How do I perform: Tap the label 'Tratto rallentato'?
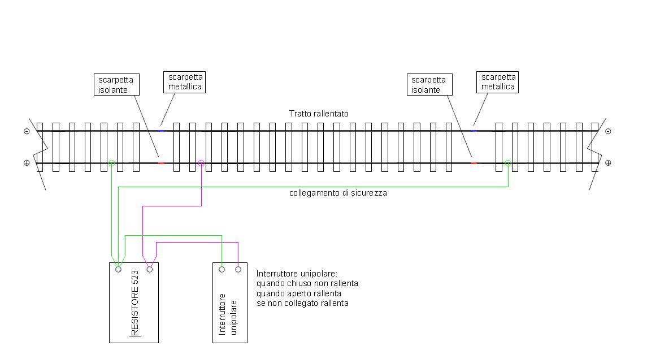(x=319, y=114)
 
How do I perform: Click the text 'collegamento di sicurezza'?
(x=338, y=193)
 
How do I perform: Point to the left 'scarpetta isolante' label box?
(x=118, y=84)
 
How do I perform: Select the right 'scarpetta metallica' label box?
(x=498, y=82)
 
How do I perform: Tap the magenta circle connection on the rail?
(x=201, y=163)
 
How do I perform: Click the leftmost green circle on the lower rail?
(x=112, y=163)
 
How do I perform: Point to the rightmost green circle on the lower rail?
(x=508, y=163)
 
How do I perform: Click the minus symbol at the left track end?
(x=27, y=131)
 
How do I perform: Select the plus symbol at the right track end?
(x=608, y=163)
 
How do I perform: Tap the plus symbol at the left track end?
(x=27, y=163)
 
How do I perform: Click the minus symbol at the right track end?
(x=608, y=131)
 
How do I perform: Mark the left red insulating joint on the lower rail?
(x=161, y=163)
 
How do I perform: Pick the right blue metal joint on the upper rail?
(x=474, y=131)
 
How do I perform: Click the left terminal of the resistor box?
(x=118, y=270)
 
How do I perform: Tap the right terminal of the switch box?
(x=238, y=269)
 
